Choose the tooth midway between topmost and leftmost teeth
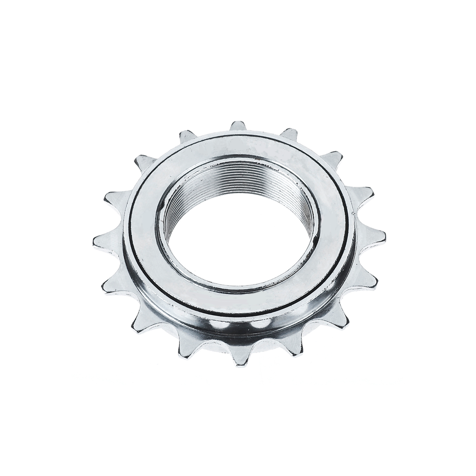coord(144,162)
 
